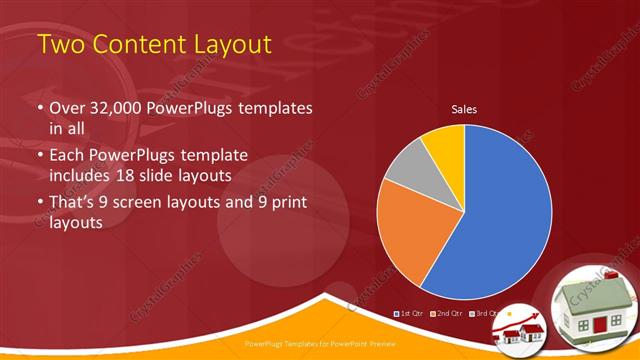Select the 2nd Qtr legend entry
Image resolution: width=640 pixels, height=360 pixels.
[x=449, y=314]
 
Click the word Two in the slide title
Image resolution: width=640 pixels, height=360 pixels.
[x=61, y=44]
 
